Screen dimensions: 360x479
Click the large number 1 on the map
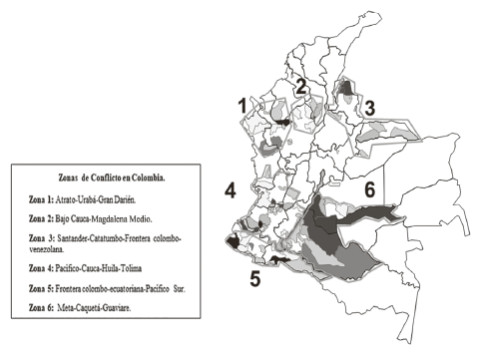tap(240, 103)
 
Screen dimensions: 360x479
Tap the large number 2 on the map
tap(299, 87)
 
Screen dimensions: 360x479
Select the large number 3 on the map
tap(368, 107)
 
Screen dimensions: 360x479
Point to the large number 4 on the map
tap(230, 188)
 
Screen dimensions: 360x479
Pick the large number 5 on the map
tap(254, 277)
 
